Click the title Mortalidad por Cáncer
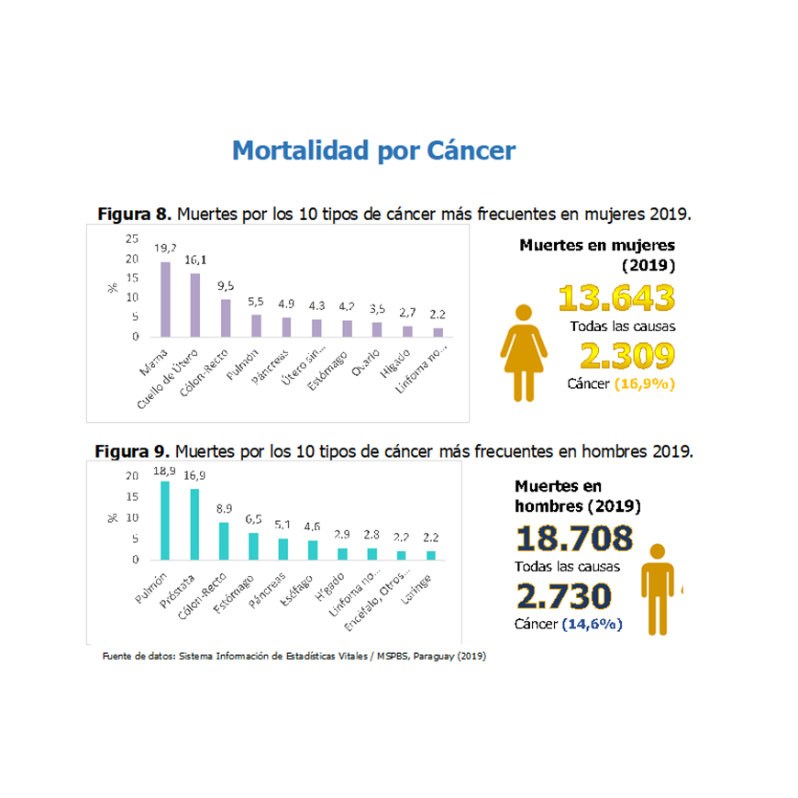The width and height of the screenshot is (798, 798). (373, 150)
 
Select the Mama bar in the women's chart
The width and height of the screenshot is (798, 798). (166, 300)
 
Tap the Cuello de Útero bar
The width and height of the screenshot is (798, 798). (195, 305)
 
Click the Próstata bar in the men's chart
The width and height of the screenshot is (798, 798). (194, 525)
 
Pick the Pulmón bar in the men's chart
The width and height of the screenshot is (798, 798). (165, 521)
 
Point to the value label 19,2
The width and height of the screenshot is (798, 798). (166, 249)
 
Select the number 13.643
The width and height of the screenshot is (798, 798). (616, 298)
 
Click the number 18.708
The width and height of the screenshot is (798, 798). (574, 538)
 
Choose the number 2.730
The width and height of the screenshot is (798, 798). (562, 596)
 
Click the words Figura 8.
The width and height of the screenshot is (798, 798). (134, 215)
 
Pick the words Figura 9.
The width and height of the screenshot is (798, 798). (132, 452)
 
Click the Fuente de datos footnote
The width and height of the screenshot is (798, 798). (294, 657)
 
